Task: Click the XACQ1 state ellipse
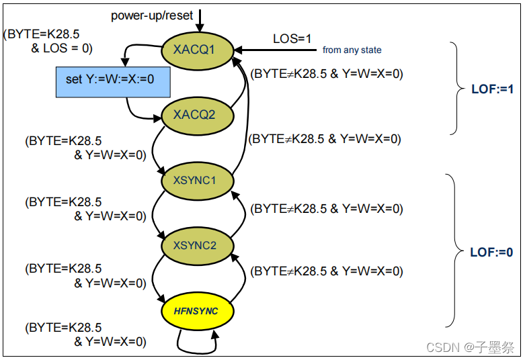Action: click(198, 50)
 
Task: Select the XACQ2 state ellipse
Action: click(198, 114)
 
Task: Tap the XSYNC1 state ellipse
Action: click(198, 181)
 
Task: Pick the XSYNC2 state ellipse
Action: click(198, 246)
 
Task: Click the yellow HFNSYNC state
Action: click(198, 311)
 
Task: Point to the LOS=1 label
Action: click(292, 39)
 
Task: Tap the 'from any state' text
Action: click(352, 50)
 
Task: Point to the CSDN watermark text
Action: click(471, 347)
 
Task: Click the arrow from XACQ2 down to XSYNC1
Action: click(156, 148)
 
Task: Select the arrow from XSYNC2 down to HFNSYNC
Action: click(155, 279)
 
